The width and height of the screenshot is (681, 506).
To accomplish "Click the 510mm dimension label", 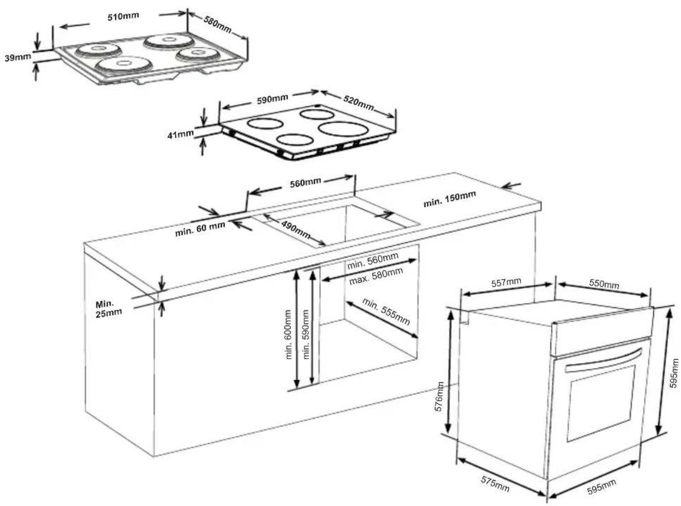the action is click(x=123, y=16).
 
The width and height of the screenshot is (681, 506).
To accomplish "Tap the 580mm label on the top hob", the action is click(x=217, y=24).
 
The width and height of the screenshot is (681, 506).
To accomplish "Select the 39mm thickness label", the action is click(x=18, y=57).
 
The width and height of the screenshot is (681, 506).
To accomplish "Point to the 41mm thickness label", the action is click(x=180, y=134).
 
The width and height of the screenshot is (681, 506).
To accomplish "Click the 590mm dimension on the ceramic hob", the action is click(x=272, y=99).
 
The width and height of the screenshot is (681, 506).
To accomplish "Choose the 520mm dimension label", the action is click(x=358, y=103).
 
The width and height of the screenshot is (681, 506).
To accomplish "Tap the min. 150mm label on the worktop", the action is click(x=450, y=199).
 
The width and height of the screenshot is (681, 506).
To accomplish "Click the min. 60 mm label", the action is click(x=200, y=229).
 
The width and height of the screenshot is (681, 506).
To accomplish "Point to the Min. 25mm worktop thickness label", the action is click(x=109, y=309).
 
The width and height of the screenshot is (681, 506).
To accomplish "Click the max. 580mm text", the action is click(x=376, y=276).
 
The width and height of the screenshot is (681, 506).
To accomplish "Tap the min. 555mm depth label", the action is click(x=386, y=311).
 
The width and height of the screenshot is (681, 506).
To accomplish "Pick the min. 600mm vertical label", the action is click(x=288, y=335).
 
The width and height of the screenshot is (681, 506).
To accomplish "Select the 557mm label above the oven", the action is click(x=506, y=282).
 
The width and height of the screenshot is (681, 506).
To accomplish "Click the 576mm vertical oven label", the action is click(x=440, y=396).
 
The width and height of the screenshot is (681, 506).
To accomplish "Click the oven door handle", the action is click(x=604, y=359).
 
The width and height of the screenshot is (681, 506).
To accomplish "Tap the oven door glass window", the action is click(x=601, y=403).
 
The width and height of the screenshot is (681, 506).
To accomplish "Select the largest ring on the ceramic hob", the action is click(x=343, y=128).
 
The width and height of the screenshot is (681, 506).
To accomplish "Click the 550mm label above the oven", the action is click(x=604, y=284).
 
